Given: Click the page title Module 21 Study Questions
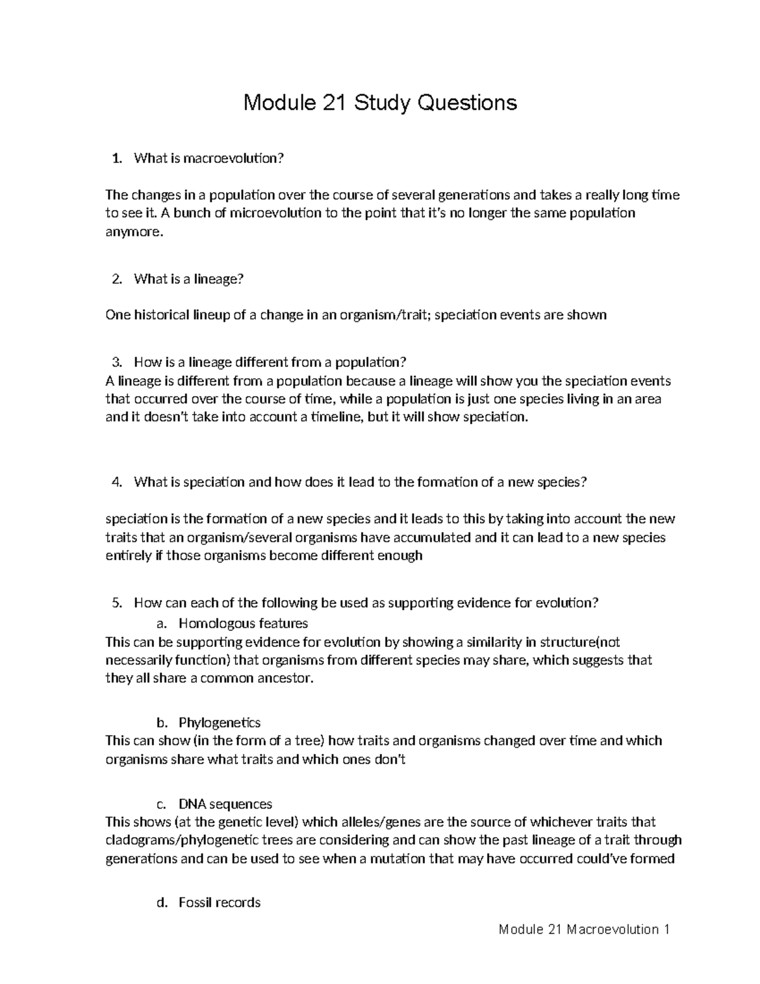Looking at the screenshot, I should [380, 102].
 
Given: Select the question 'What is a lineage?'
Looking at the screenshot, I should [189, 279].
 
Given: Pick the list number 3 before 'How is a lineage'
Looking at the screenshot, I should [115, 362].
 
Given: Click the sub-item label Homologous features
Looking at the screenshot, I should [243, 623].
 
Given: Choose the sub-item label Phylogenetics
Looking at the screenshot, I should [219, 722].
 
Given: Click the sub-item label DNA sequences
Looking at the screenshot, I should [225, 804].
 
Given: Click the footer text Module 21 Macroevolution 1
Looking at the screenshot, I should [584, 930].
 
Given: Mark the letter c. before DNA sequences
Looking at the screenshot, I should [161, 805].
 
